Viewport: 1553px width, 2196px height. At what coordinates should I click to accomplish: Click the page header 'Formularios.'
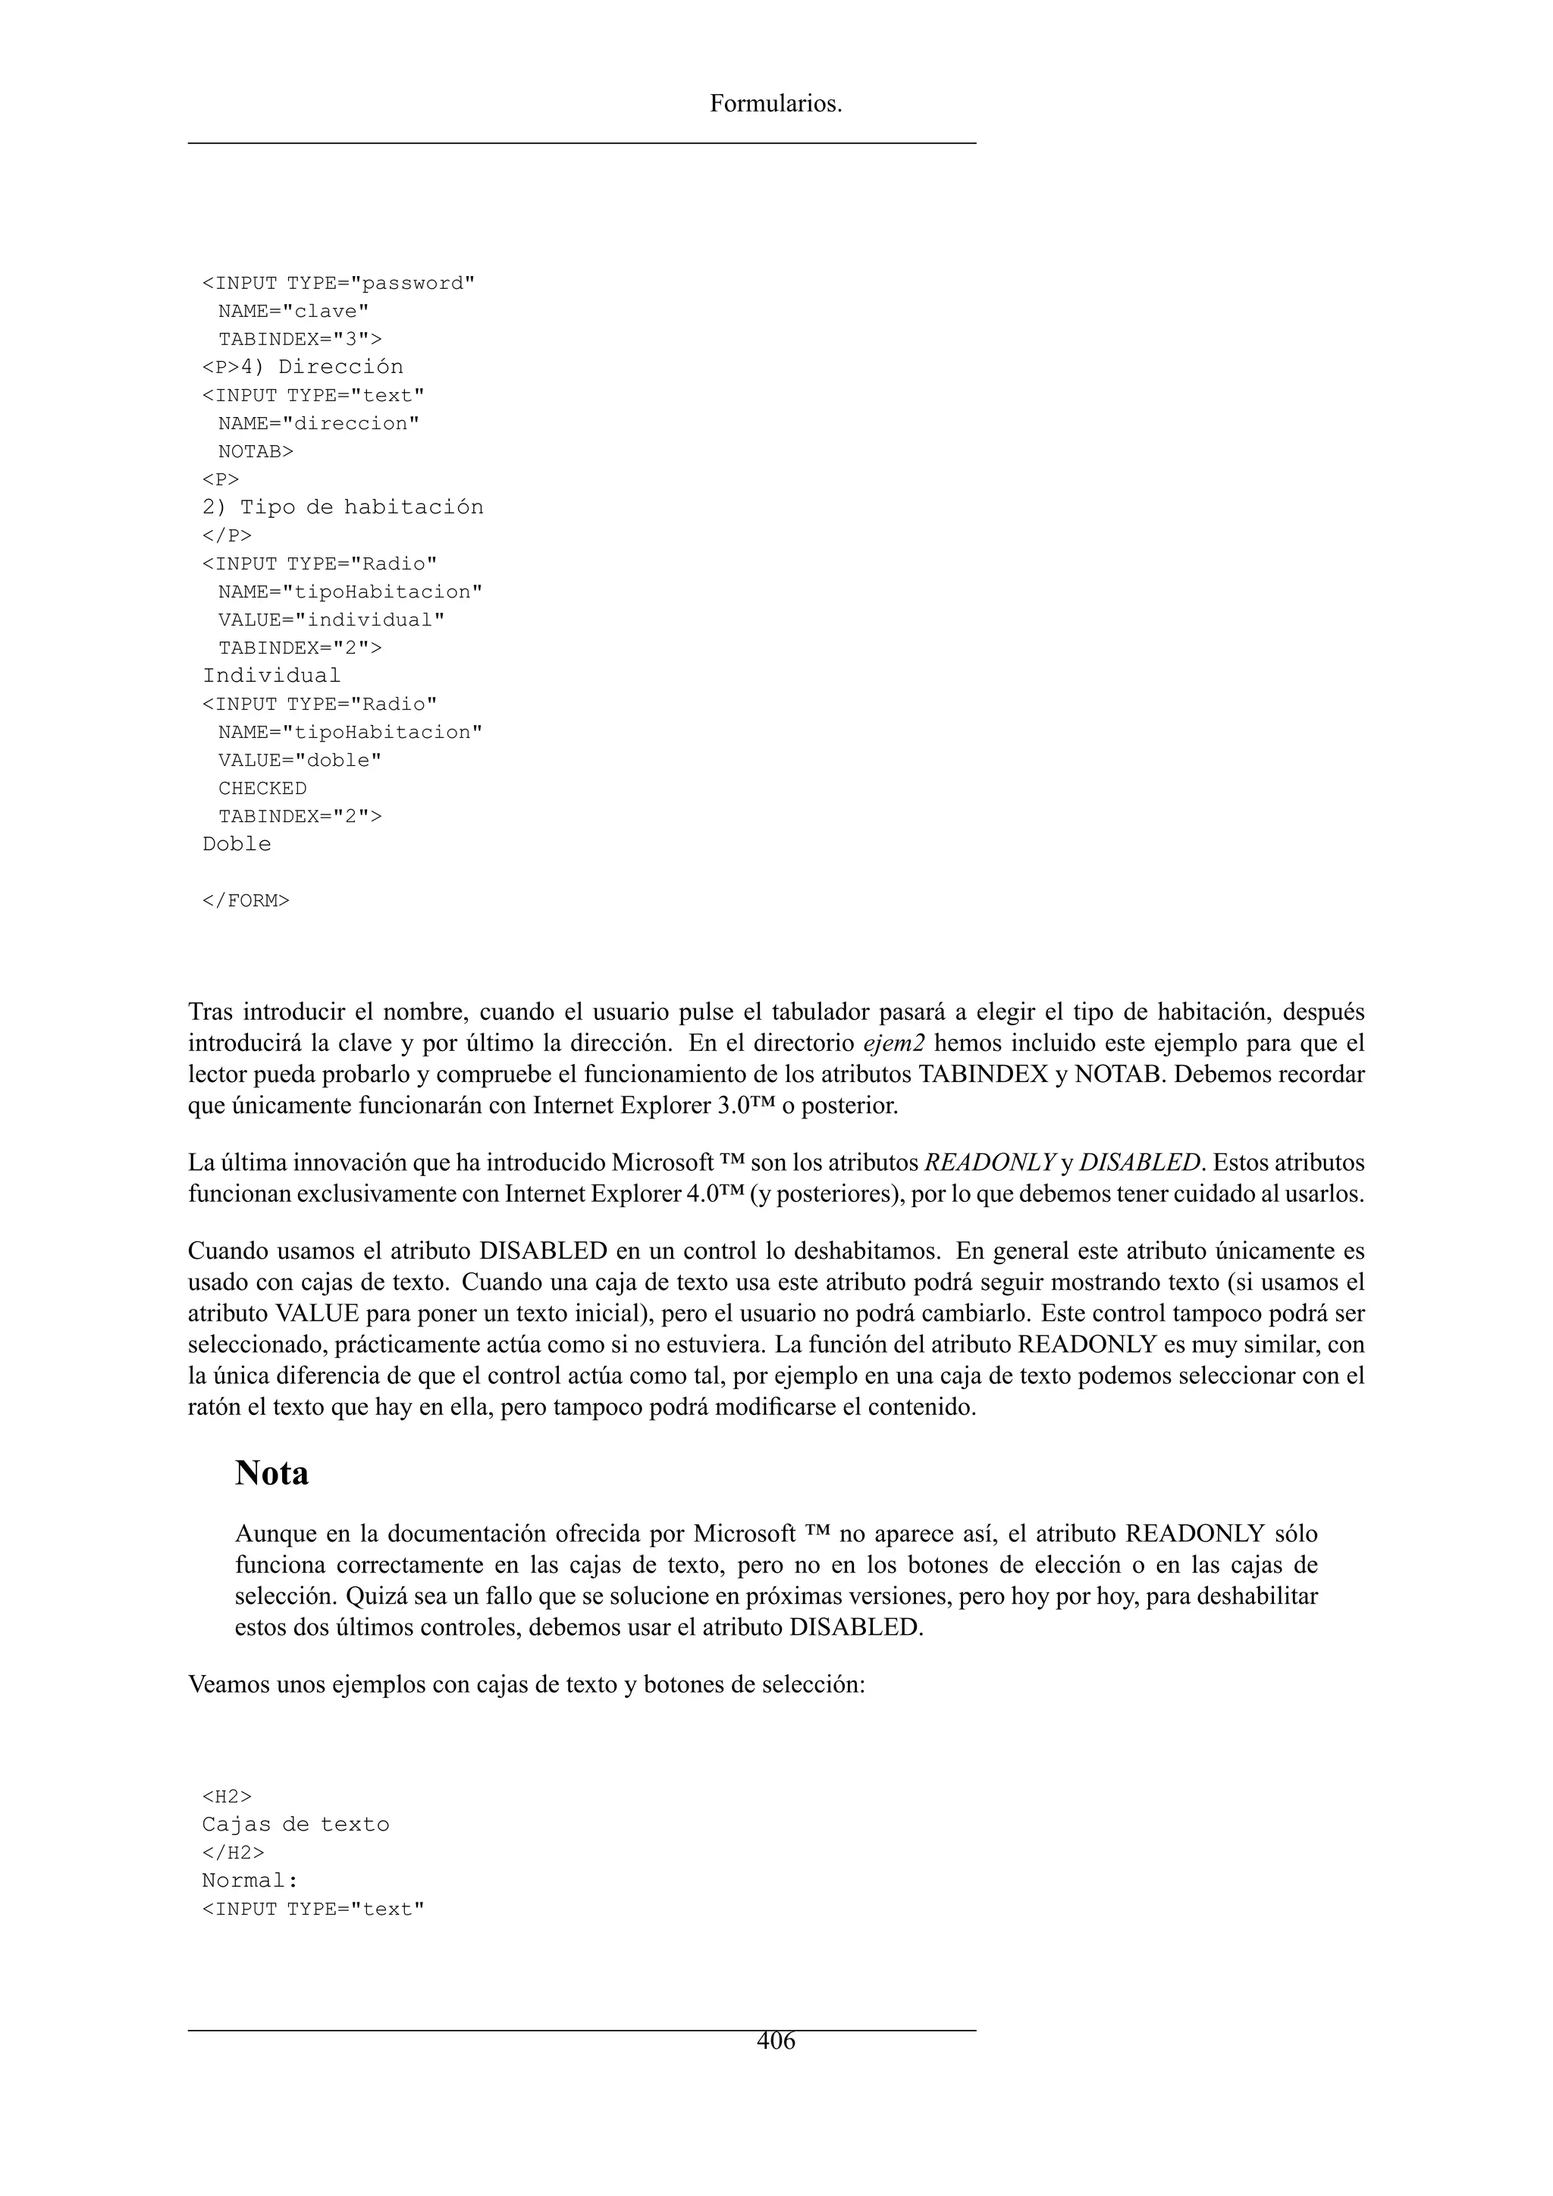pyautogui.click(x=776, y=104)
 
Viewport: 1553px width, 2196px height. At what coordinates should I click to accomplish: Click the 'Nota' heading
pyautogui.click(x=271, y=1473)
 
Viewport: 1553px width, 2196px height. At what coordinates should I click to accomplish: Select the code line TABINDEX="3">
pyautogui.click(x=300, y=340)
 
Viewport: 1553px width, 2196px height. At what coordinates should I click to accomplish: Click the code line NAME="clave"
pyautogui.click(x=293, y=312)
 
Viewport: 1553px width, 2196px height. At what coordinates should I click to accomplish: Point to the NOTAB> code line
pyautogui.click(x=256, y=451)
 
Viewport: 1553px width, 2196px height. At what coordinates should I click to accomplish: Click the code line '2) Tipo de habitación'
pyautogui.click(x=342, y=507)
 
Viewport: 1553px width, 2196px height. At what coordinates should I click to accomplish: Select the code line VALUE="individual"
pyautogui.click(x=331, y=620)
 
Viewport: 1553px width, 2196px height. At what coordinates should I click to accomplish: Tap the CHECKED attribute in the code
pyautogui.click(x=262, y=788)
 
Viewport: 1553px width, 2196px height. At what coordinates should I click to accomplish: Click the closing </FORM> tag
pyautogui.click(x=246, y=900)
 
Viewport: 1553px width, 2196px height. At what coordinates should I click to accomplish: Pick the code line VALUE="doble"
pyautogui.click(x=300, y=761)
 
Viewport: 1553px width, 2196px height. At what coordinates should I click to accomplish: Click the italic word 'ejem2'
pyautogui.click(x=893, y=1043)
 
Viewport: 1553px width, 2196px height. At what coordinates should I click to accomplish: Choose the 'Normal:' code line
pyautogui.click(x=250, y=1881)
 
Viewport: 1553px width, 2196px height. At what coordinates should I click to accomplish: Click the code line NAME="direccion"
pyautogui.click(x=318, y=424)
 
